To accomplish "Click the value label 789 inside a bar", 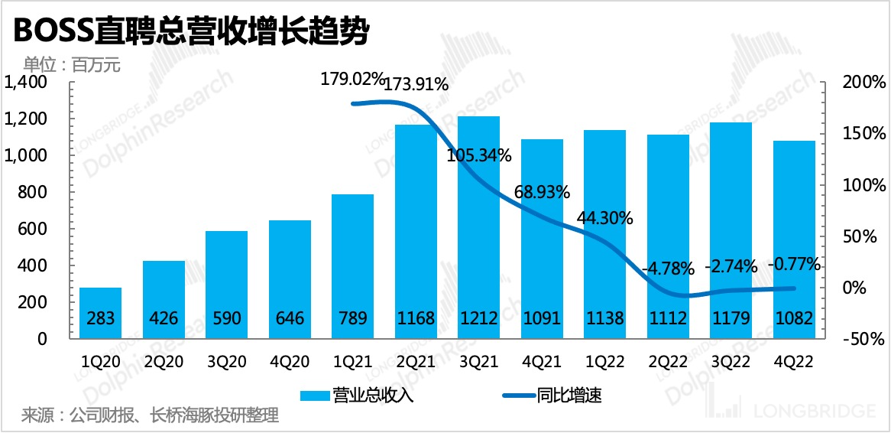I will (353, 318).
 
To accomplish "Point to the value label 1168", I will (416, 318).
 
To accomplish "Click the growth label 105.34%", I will (480, 157).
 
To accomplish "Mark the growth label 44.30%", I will (604, 218).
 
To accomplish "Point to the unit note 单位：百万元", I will (72, 64).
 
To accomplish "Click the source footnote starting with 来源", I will (150, 415).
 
